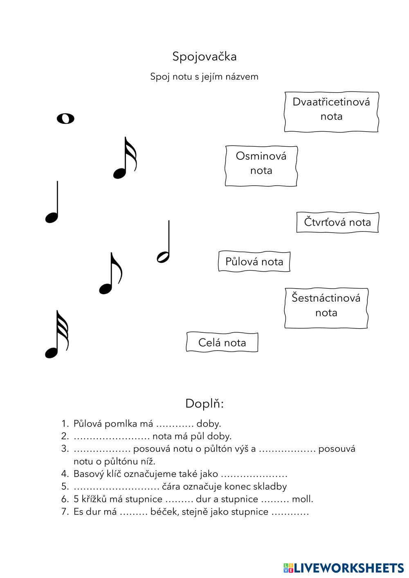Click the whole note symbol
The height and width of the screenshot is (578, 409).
tap(65, 119)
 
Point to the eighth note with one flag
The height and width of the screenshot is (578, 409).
tap(110, 275)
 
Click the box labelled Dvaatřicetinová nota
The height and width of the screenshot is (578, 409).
tap(331, 112)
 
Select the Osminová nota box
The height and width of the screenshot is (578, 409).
tap(261, 166)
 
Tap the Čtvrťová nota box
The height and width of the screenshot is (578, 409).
tap(337, 222)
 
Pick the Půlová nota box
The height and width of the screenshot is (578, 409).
tap(254, 262)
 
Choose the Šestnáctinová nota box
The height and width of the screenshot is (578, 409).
tap(326, 308)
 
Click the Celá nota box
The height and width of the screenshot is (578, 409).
tap(222, 342)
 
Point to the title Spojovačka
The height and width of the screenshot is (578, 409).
tap(204, 56)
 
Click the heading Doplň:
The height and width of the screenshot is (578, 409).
tap(204, 403)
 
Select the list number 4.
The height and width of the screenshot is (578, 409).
tap(65, 474)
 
